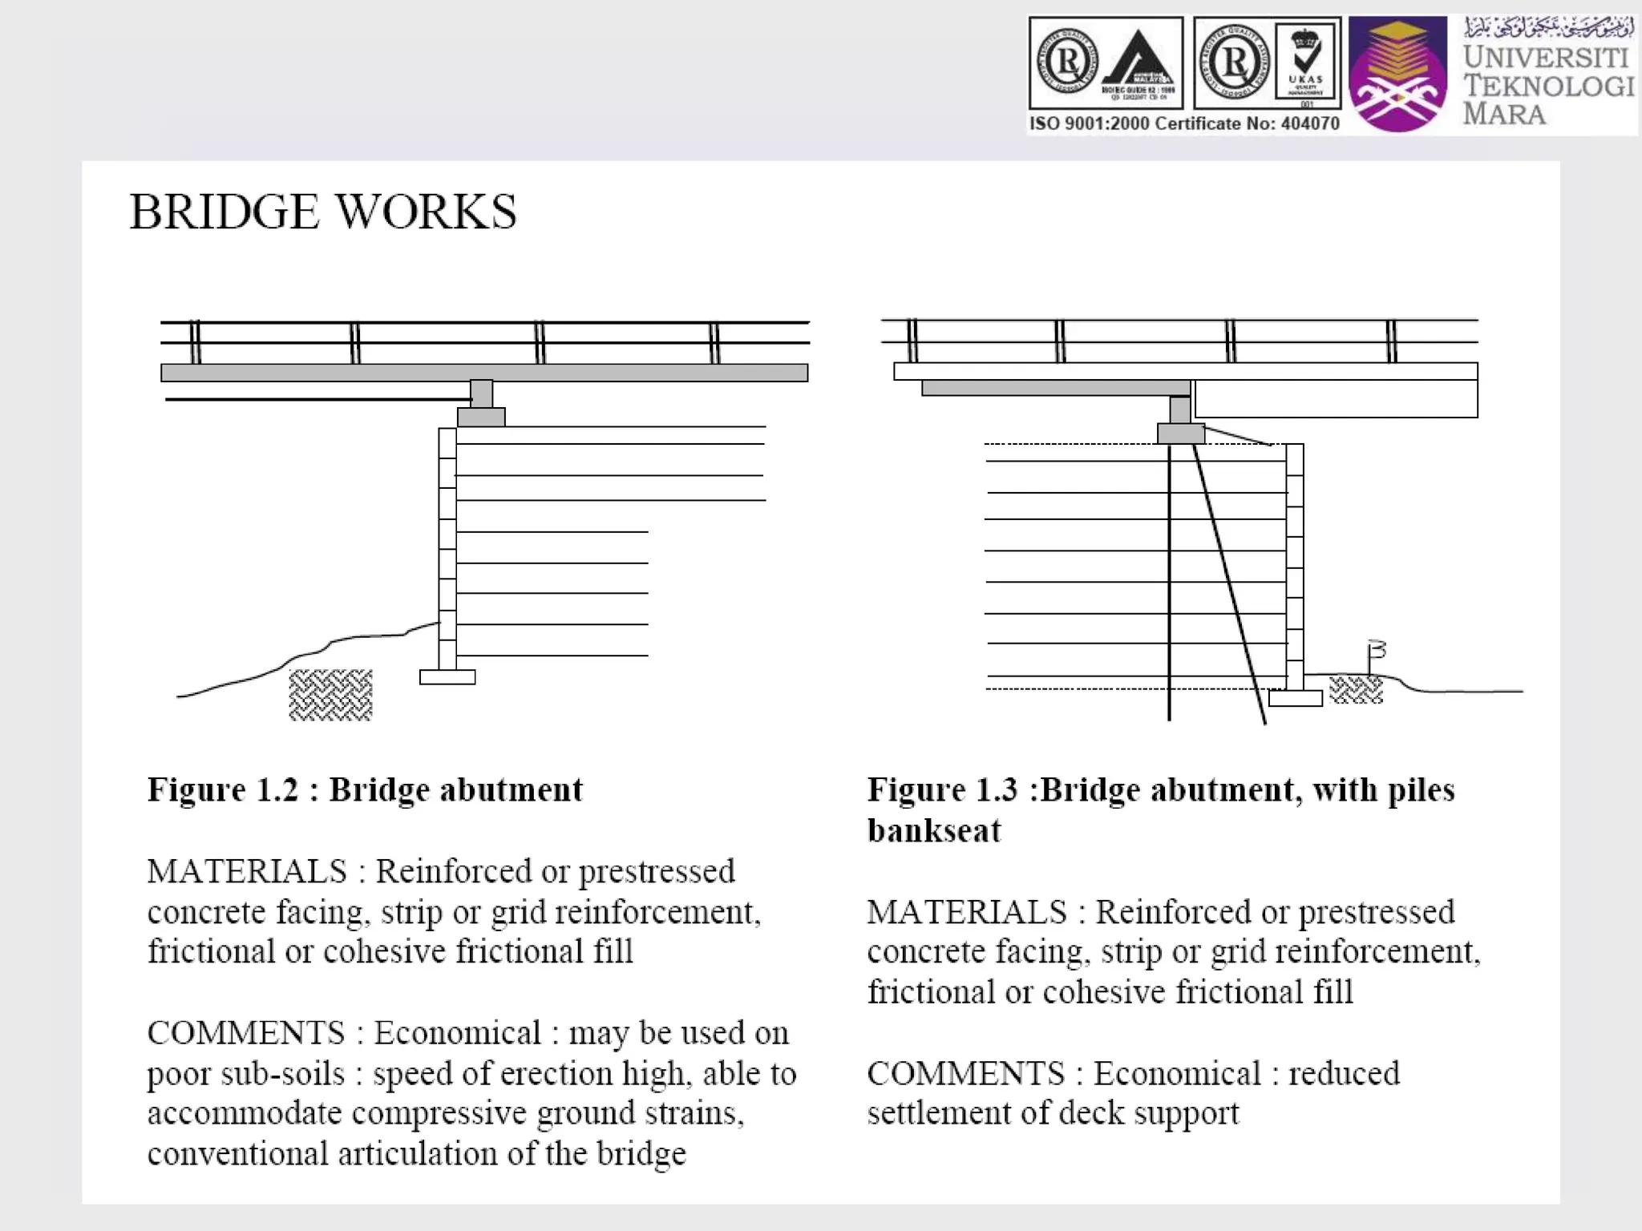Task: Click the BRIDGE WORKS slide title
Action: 322,212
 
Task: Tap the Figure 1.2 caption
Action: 365,790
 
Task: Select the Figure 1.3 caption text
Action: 1160,809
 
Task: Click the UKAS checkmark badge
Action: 1305,61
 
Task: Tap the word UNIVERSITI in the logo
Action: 1546,58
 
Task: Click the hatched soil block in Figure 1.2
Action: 330,694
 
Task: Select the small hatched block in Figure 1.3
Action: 1356,689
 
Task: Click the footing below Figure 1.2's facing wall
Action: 447,677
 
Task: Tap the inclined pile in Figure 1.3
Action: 1230,585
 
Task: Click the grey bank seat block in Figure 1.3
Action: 1181,434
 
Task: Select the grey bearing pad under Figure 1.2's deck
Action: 481,417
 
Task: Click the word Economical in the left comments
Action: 458,1034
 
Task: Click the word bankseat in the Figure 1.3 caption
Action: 934,831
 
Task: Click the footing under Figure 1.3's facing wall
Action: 1295,698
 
